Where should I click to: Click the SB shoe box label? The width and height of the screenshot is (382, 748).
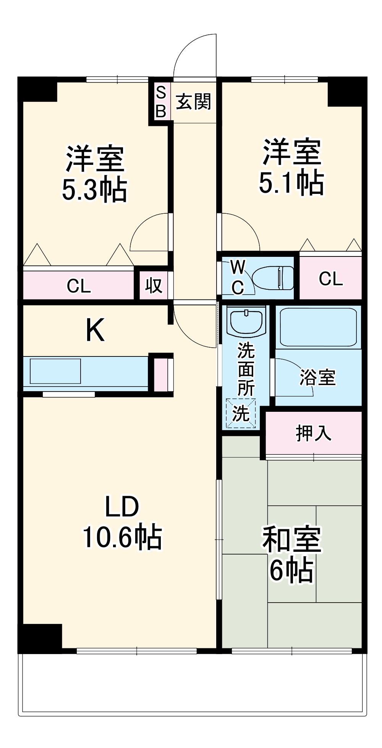click(161, 102)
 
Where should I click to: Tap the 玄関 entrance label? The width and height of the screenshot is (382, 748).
click(193, 102)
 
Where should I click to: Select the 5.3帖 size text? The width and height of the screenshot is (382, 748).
click(94, 190)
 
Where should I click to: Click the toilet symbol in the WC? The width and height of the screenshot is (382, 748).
click(274, 277)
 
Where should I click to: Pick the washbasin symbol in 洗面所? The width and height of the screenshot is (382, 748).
click(246, 321)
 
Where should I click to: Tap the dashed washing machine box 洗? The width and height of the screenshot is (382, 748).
click(241, 413)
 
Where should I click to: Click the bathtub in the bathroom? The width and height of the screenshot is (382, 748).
click(318, 327)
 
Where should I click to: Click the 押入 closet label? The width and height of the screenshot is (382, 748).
click(313, 433)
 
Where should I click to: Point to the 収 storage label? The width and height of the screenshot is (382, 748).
click(154, 285)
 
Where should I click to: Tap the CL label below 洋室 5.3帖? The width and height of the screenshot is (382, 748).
click(79, 286)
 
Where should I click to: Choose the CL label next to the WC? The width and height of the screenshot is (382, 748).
click(330, 279)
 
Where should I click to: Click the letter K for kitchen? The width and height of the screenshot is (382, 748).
click(95, 330)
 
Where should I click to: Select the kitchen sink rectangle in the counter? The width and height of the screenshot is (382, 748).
click(55, 371)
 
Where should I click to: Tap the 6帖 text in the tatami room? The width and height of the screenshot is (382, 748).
click(291, 570)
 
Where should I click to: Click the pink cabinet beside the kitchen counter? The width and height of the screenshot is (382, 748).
click(161, 374)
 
